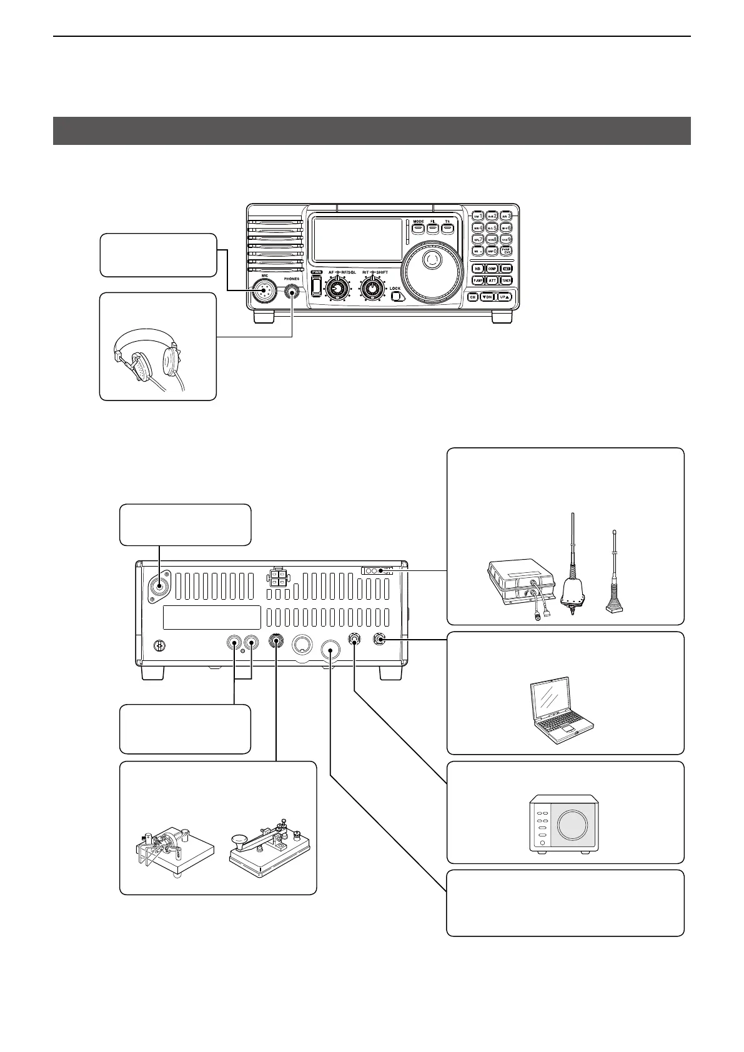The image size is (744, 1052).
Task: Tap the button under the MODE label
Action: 418,229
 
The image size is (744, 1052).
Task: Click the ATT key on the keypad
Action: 492,280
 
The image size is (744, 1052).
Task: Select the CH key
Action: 473,297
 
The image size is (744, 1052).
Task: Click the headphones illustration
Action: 147,362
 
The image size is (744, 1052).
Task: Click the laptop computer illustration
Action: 561,706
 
